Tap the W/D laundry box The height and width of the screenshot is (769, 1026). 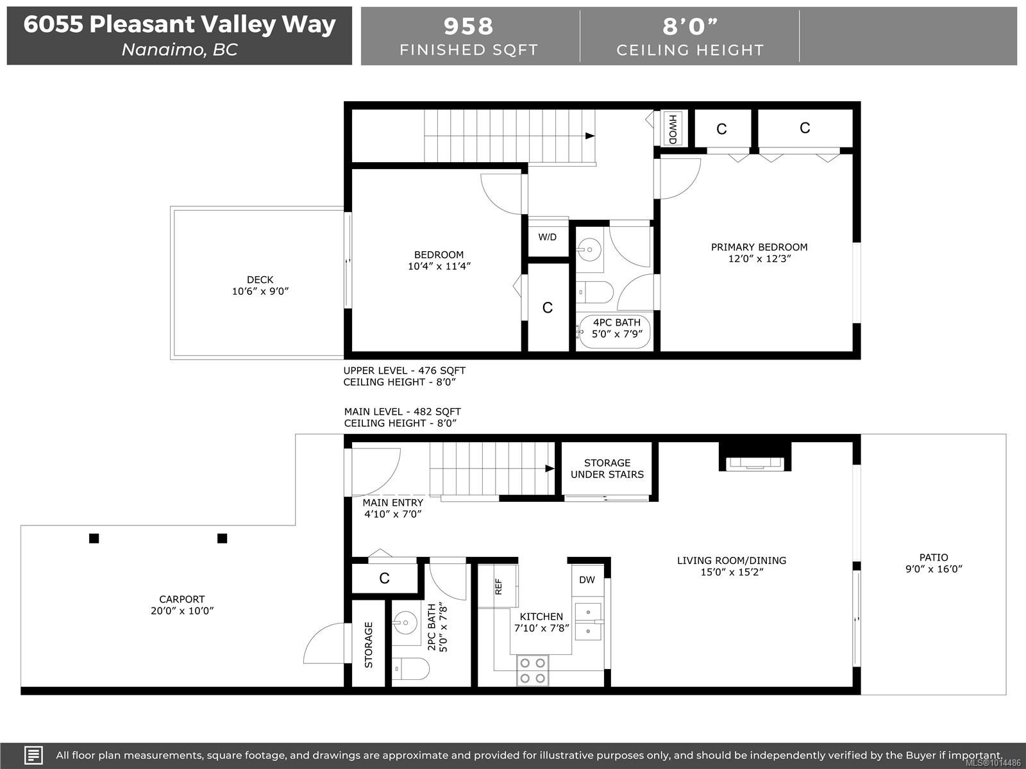[x=548, y=237]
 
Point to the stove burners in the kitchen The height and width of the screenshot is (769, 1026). [x=533, y=670]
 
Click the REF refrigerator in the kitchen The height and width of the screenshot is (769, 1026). [x=498, y=586]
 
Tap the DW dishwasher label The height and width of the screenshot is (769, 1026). [x=587, y=580]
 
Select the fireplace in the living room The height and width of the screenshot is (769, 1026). [x=754, y=460]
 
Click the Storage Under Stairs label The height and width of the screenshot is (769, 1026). [x=607, y=468]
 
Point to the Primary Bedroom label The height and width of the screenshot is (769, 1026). [x=759, y=247]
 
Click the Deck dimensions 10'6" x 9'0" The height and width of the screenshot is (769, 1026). [x=260, y=292]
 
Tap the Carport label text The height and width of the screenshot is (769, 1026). [x=182, y=599]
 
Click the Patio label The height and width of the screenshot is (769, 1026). [x=933, y=558]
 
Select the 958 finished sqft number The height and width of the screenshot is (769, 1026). [x=469, y=26]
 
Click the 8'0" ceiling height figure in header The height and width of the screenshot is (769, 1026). [x=690, y=26]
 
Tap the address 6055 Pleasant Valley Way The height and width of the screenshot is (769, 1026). [x=180, y=24]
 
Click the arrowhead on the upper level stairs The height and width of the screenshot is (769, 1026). [x=590, y=136]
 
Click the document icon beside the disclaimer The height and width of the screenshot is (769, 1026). [x=33, y=755]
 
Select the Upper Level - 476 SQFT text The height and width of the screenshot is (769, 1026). [x=404, y=370]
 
